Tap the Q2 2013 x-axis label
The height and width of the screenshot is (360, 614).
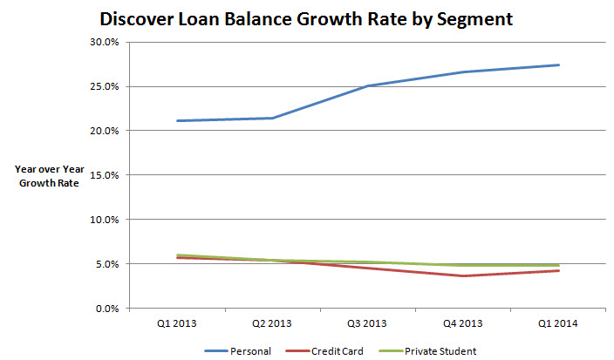(271, 323)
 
